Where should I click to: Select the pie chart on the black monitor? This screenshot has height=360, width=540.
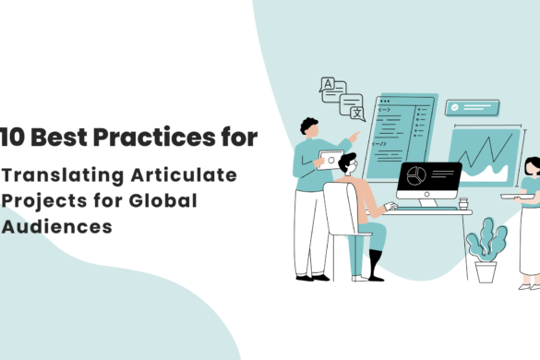click(416, 175)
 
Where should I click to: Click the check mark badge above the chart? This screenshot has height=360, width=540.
click(459, 108)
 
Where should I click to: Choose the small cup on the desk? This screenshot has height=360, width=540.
click(463, 202)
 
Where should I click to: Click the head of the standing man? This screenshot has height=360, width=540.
click(309, 128)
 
